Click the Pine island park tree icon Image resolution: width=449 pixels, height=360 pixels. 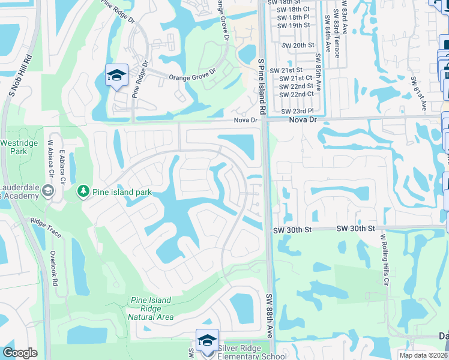point(83,191)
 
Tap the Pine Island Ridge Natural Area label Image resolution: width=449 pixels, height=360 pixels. point(151,308)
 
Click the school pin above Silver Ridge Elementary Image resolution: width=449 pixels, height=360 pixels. point(207,341)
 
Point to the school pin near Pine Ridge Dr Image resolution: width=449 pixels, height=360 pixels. point(116,76)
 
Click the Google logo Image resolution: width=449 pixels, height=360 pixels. point(20,353)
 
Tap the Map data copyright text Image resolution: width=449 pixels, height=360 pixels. point(424,355)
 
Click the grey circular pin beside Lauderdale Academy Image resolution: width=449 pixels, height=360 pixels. point(47,191)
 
